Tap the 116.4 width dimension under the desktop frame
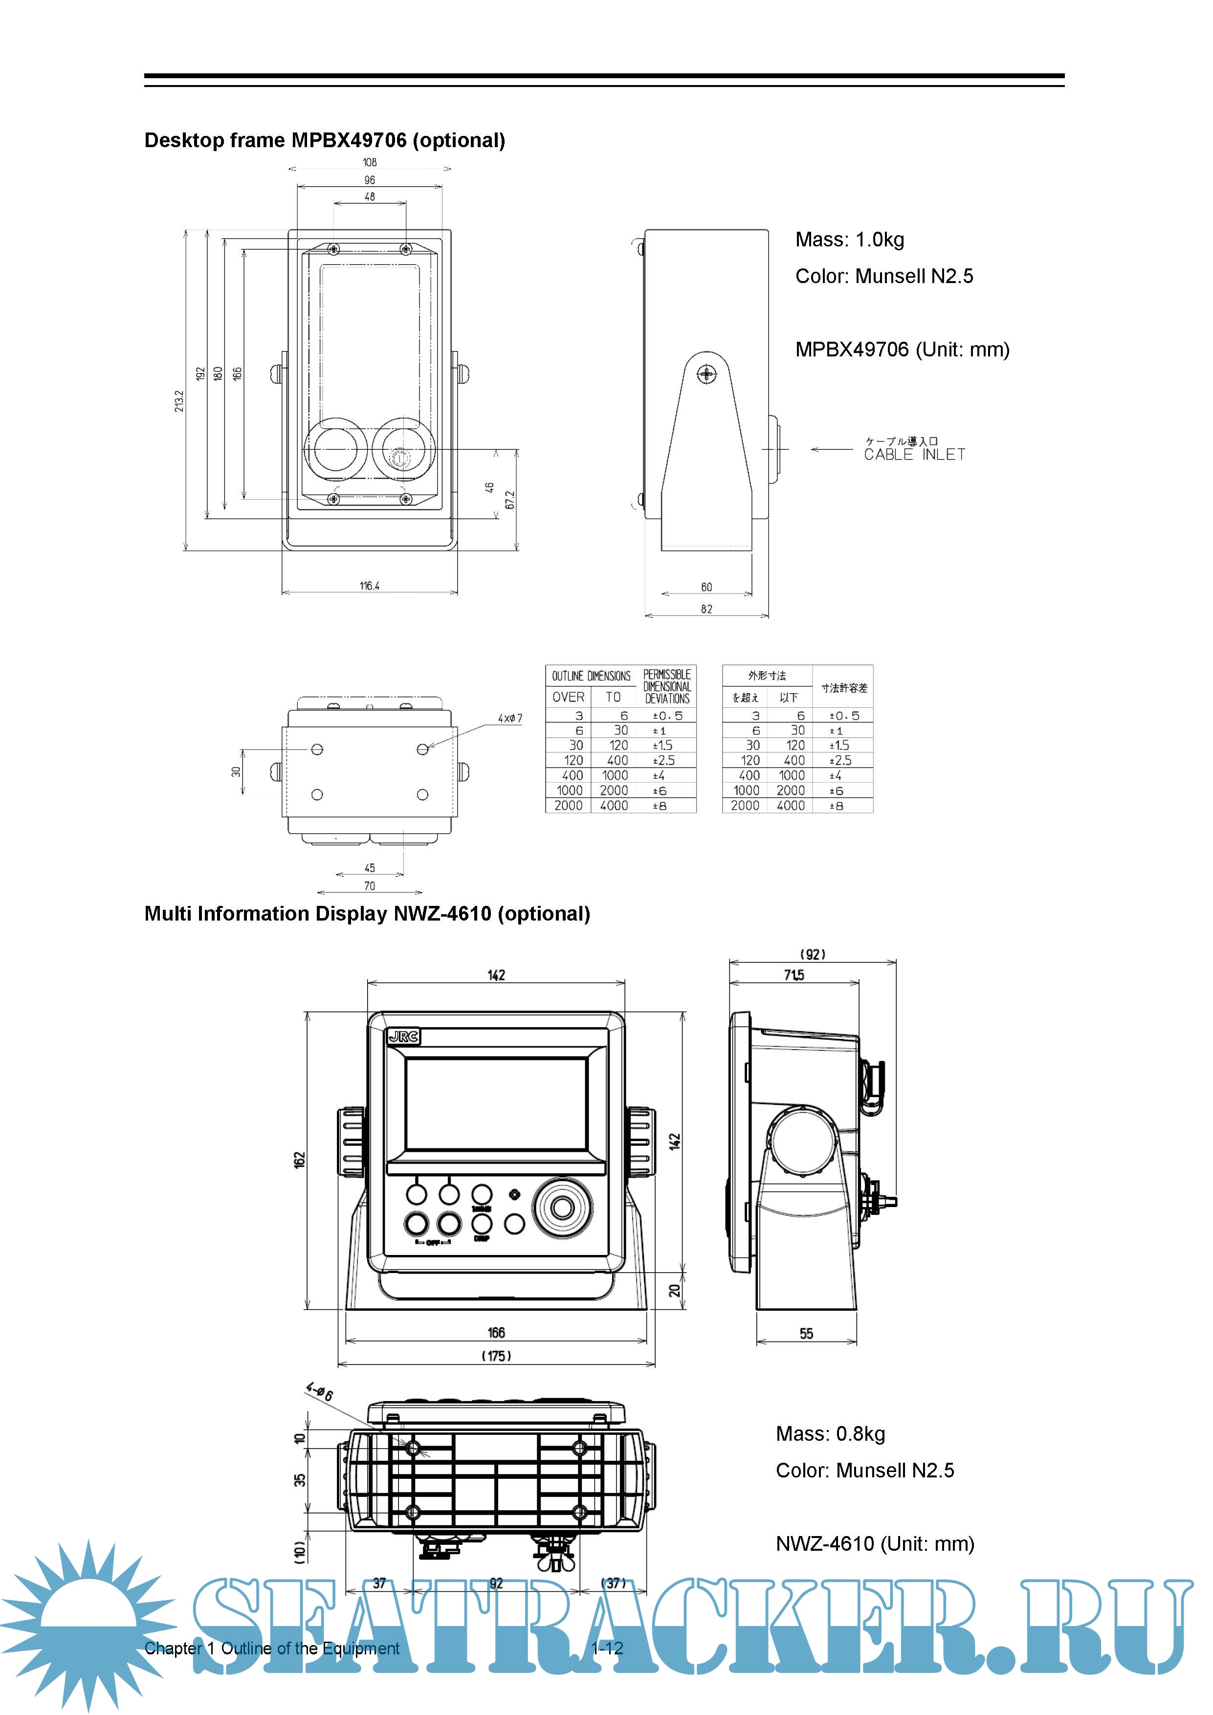369,586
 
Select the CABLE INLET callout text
914,454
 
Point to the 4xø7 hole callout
510,719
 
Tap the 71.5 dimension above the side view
794,975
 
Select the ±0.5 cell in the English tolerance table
668,716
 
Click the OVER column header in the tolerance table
569,697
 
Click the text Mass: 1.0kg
849,240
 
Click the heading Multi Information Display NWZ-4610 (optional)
367,914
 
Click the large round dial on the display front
562,1208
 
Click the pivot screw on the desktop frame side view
706,374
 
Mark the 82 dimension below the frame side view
706,609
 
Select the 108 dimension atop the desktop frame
370,162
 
